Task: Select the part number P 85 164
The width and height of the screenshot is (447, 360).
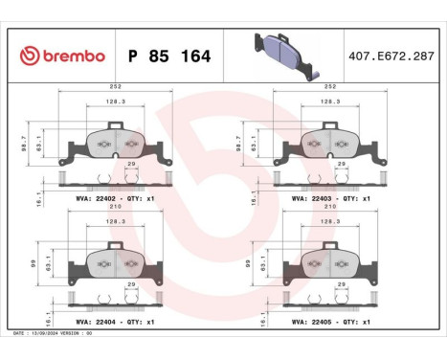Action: pyautogui.click(x=168, y=55)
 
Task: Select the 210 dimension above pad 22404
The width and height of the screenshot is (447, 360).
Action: pyautogui.click(x=115, y=208)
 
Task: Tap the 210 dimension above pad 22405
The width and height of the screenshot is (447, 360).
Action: pyautogui.click(x=330, y=208)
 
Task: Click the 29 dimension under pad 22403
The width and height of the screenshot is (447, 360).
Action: pyautogui.click(x=341, y=165)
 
